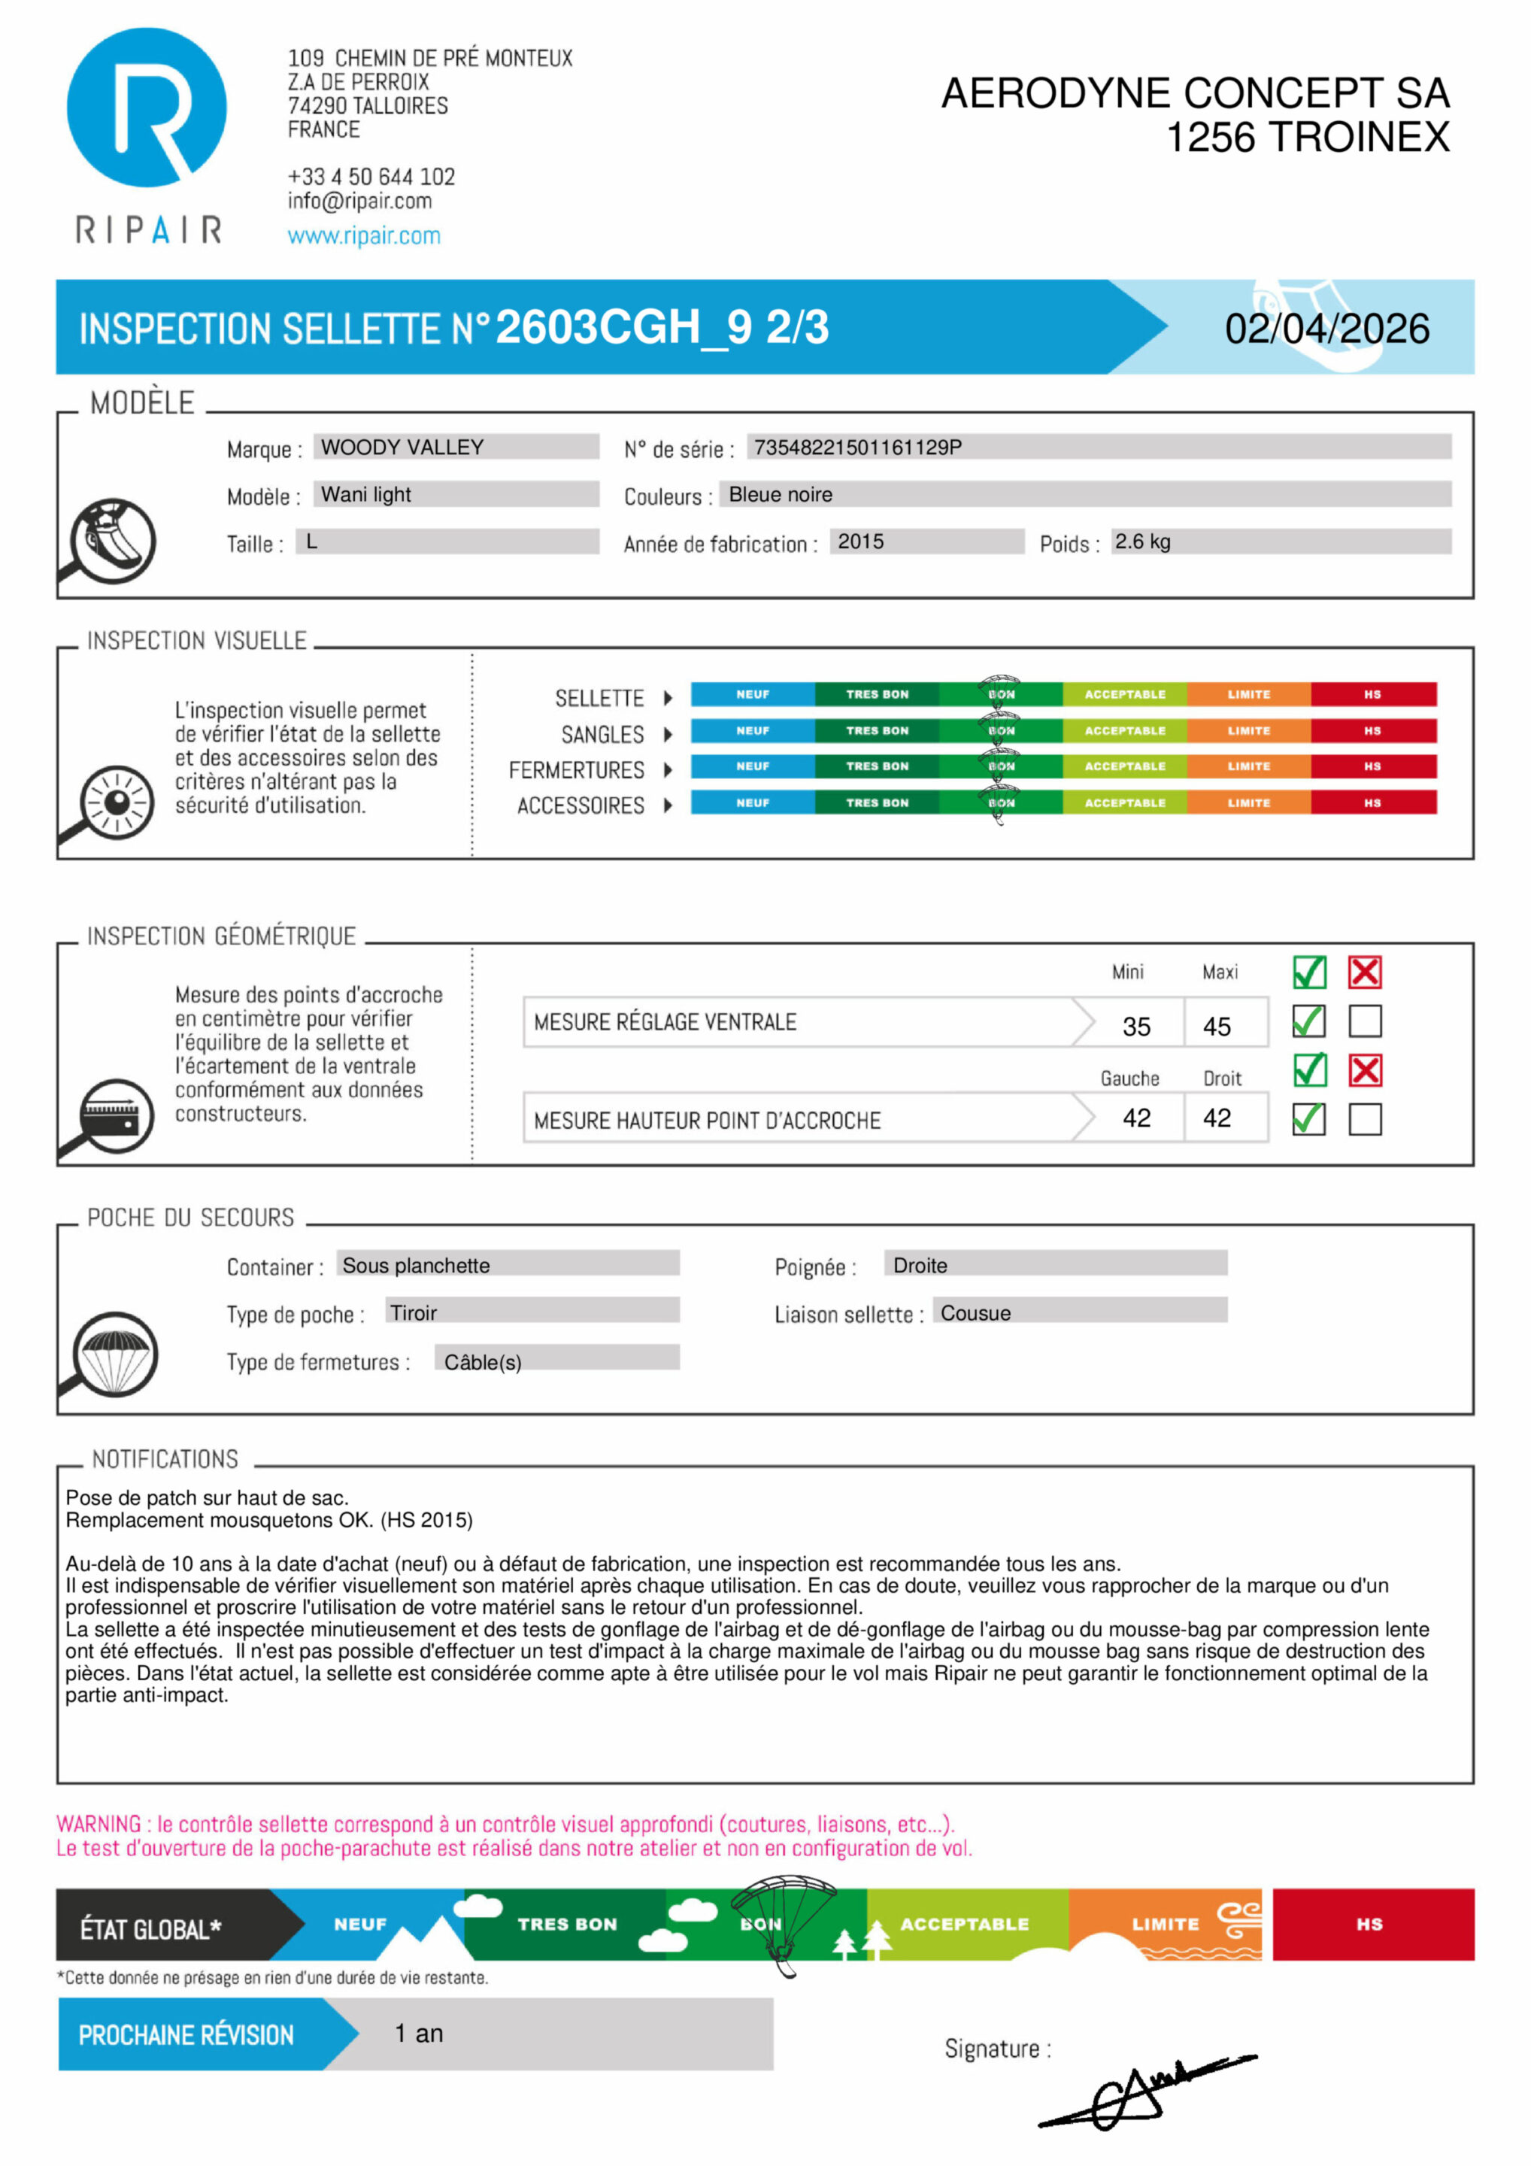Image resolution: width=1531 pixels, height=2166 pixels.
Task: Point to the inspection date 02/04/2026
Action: pyautogui.click(x=1326, y=329)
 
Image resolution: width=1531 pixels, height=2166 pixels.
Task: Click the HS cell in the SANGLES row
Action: pyautogui.click(x=1372, y=731)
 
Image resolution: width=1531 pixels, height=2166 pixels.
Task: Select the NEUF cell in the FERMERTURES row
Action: pyautogui.click(x=752, y=767)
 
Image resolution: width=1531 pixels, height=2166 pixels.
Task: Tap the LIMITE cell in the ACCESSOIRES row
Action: pyautogui.click(x=1248, y=802)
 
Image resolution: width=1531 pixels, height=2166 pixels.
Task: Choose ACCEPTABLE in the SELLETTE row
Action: pyautogui.click(x=1124, y=694)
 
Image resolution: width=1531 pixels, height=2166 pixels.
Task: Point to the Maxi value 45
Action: pyautogui.click(x=1216, y=1027)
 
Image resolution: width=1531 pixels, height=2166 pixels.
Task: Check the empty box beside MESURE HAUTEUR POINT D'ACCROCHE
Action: pyautogui.click(x=1364, y=1120)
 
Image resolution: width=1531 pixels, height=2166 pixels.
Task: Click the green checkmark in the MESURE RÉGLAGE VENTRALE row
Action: pyautogui.click(x=1308, y=1021)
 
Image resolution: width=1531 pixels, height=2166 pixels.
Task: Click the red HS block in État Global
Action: pyautogui.click(x=1372, y=1924)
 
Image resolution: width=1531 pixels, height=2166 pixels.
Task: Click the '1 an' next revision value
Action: pyautogui.click(x=419, y=2033)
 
